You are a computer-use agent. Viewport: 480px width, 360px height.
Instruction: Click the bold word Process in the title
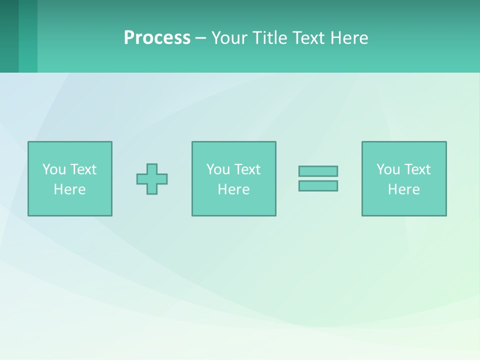click(x=157, y=38)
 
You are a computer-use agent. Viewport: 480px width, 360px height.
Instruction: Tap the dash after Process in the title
click(x=200, y=38)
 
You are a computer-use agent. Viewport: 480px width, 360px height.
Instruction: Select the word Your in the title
click(x=228, y=38)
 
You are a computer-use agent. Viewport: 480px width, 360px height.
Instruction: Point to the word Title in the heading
click(x=269, y=38)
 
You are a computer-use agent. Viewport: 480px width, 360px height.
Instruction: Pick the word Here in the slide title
click(x=349, y=38)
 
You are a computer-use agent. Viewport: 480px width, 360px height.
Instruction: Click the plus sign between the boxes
click(x=152, y=179)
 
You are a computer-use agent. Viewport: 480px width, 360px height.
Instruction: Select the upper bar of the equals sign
click(x=318, y=171)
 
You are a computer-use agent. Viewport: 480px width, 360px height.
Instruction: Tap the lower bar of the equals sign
click(x=318, y=185)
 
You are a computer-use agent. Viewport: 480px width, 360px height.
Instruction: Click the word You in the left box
click(x=54, y=169)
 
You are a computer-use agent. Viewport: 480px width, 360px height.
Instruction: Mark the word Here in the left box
click(x=69, y=189)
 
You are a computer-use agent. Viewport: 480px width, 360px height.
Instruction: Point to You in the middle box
click(x=218, y=169)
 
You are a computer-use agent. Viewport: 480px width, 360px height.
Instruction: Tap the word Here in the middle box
click(x=233, y=189)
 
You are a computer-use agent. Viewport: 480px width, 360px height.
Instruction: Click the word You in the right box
click(x=388, y=169)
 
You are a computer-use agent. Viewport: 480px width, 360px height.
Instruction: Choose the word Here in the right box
click(x=403, y=189)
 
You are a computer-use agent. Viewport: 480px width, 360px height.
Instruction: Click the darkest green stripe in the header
click(x=9, y=36)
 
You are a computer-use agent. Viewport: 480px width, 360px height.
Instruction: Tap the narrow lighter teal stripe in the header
click(x=28, y=36)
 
